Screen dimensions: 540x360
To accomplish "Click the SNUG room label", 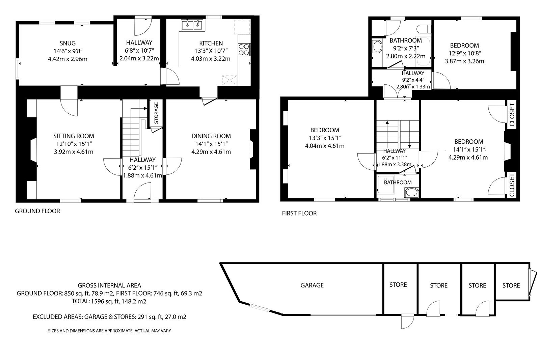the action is (68, 43).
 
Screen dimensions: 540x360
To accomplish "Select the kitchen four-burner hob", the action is (244, 49).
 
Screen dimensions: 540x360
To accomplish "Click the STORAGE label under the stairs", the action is (156, 113).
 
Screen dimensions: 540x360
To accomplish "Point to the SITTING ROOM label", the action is (74, 136).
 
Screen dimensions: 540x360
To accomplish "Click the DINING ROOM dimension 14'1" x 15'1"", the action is (211, 144).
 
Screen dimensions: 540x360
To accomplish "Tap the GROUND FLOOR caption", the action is (37, 211).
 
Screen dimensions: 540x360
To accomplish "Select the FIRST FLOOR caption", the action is (299, 213).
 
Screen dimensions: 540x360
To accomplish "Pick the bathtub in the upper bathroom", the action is (423, 52).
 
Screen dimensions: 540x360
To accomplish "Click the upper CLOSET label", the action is (512, 114).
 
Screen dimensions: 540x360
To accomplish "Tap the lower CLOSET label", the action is (512, 185).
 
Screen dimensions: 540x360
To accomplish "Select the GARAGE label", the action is (312, 285).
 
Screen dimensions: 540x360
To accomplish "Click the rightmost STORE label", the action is (511, 285).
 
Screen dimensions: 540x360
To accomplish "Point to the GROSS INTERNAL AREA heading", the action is (109, 285).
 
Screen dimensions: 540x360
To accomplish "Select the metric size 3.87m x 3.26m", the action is (464, 61).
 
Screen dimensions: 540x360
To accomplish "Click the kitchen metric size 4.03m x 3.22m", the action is (211, 59).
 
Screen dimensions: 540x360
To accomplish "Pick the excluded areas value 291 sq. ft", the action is (150, 317).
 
